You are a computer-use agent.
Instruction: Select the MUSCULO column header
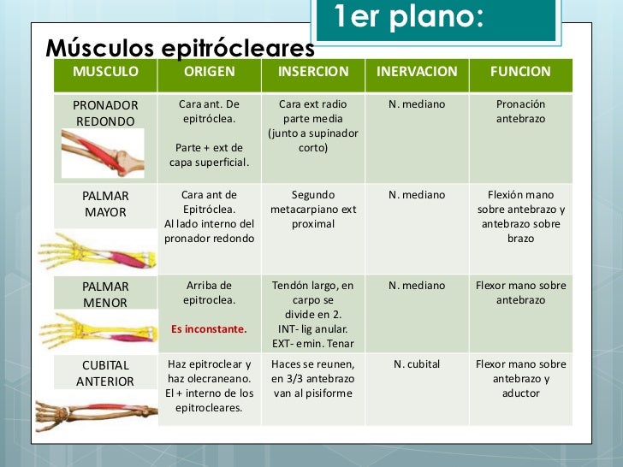click(x=104, y=72)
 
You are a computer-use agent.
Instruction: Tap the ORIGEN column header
click(x=209, y=72)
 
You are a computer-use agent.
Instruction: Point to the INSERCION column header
click(x=313, y=72)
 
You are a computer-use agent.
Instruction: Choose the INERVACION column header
click(x=417, y=72)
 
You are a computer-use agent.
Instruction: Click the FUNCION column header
click(x=520, y=72)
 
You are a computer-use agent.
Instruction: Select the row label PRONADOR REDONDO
click(x=105, y=113)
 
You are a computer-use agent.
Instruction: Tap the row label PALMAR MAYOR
click(x=105, y=204)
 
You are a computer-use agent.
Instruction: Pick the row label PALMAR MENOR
click(x=105, y=294)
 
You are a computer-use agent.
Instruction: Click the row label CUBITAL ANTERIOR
click(x=105, y=373)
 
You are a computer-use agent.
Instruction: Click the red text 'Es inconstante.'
click(x=209, y=328)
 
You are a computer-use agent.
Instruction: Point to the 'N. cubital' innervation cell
click(x=417, y=364)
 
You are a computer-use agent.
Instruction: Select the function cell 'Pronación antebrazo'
click(x=520, y=111)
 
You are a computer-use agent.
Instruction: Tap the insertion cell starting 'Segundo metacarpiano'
click(x=313, y=210)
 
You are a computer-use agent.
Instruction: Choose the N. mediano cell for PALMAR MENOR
click(x=417, y=286)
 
